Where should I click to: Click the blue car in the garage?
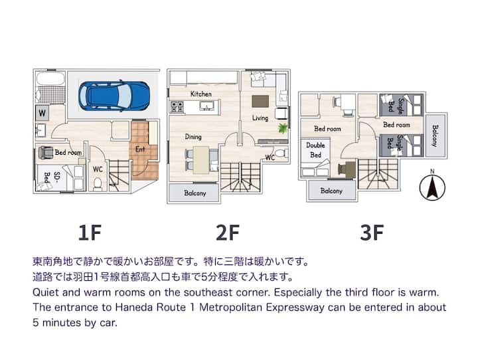pos(114,95)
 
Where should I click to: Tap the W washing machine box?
pos(42,113)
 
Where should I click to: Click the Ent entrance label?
pos(140,149)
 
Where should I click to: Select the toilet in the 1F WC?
pos(98,184)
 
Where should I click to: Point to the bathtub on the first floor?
pos(50,78)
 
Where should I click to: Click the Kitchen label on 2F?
pos(201,94)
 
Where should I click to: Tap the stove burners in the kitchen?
pos(177,107)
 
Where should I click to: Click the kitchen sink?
pos(206,106)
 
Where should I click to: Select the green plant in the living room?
pos(283,128)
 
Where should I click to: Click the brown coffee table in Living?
pos(260,101)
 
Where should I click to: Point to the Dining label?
pos(193,137)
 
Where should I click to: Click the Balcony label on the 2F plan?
pos(195,193)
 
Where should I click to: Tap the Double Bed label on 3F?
pos(315,150)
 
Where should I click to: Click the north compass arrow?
pos(432,187)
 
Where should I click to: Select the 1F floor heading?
pos(90,232)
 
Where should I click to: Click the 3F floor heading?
pos(372,232)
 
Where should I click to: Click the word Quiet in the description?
pos(45,292)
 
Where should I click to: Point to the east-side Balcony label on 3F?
pos(435,135)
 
